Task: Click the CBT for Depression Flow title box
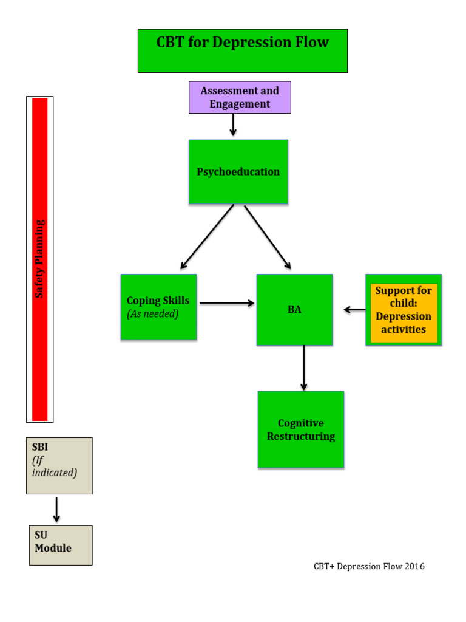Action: [x=242, y=50]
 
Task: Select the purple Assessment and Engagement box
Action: [x=240, y=97]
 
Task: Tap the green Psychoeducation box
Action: [x=238, y=172]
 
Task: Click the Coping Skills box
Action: [x=158, y=307]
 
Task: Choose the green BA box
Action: [x=294, y=310]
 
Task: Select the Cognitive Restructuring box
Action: [x=300, y=429]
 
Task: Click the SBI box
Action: [x=59, y=465]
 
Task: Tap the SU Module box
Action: [x=61, y=545]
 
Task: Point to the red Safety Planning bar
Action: [x=40, y=259]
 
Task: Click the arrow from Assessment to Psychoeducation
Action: [x=233, y=125]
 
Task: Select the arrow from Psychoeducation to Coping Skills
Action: [x=207, y=237]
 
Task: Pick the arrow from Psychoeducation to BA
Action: [x=268, y=237]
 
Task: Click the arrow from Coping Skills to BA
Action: [x=227, y=302]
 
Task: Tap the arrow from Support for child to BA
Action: [x=355, y=310]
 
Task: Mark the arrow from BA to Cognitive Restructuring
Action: [x=304, y=368]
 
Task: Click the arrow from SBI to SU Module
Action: [x=56, y=510]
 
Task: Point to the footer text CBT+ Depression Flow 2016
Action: [x=369, y=567]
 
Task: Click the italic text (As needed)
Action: [x=153, y=314]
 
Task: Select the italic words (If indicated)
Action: [x=55, y=466]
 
